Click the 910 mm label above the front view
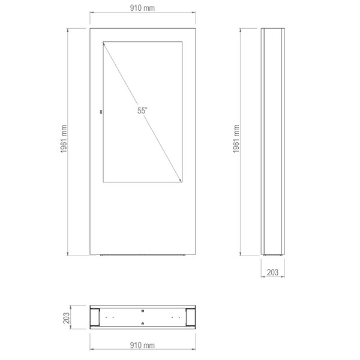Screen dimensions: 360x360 click(x=142, y=8)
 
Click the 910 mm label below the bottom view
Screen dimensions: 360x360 click(x=142, y=345)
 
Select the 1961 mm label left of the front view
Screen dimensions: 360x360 click(x=64, y=139)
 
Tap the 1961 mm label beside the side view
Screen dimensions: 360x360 click(x=236, y=139)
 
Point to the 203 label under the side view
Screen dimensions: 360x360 click(x=273, y=272)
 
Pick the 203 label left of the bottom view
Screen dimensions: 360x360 click(x=67, y=318)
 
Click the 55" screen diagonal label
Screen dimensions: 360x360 click(x=142, y=110)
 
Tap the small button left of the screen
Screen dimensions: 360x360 click(x=101, y=112)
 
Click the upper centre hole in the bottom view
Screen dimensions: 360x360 click(x=143, y=311)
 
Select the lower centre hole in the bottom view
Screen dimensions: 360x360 click(x=143, y=324)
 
